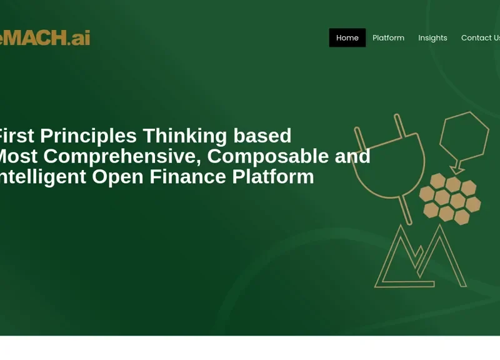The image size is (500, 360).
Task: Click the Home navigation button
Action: (347, 37)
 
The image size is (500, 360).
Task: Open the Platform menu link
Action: (388, 37)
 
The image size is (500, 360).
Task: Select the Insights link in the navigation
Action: (432, 37)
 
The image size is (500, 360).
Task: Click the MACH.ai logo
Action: (44, 37)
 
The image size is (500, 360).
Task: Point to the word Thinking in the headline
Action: (185, 136)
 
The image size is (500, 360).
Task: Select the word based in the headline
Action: (262, 136)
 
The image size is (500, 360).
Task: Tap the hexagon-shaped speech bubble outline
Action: (464, 134)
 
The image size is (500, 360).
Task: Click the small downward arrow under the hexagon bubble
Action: (458, 168)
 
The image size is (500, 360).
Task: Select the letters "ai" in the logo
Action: (81, 37)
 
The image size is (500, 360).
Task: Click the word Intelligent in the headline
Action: (41, 177)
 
